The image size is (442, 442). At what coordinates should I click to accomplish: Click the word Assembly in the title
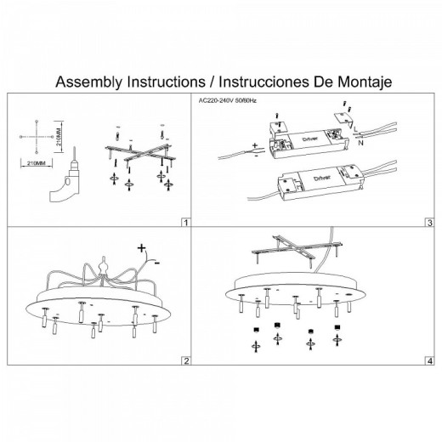point(90,82)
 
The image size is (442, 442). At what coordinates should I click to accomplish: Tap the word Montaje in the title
point(365,82)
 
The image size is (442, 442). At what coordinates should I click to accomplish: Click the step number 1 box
point(186,223)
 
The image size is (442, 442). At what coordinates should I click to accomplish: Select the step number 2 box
point(186,361)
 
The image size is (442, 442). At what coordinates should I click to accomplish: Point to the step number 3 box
point(430,223)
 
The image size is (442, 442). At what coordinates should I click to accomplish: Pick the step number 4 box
point(430,361)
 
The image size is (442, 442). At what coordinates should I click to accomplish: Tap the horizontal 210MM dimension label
point(36,163)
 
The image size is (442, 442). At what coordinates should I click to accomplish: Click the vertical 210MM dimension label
point(59,136)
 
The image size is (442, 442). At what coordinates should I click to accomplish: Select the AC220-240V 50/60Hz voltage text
point(228,100)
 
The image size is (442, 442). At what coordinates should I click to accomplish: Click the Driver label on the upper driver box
point(310,139)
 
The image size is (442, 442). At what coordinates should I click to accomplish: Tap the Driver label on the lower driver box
point(322,178)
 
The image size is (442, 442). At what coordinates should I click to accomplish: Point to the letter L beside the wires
point(356,129)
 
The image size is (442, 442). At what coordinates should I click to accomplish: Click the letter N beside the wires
point(360,143)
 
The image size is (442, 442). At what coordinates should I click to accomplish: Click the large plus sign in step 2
point(141,248)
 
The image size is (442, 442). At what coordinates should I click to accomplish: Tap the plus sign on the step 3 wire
point(255,145)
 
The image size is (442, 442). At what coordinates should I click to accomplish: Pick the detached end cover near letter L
point(343,118)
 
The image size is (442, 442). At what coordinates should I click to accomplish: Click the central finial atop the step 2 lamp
point(104,267)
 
